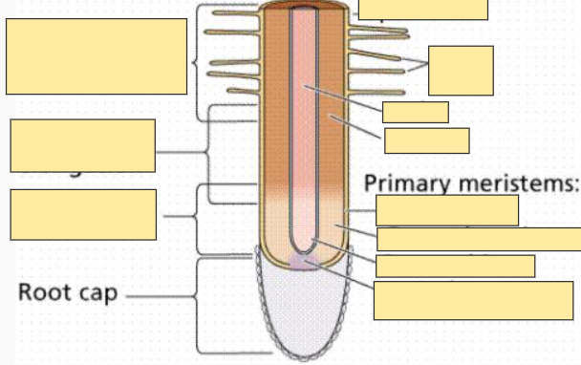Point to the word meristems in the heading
click(521, 182)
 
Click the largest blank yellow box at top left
click(96, 55)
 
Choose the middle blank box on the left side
click(82, 145)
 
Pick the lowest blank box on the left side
click(82, 214)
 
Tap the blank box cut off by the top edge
click(422, 9)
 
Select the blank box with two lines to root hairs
click(461, 69)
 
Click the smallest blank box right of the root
click(415, 112)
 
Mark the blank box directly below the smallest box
click(426, 140)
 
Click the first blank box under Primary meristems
click(446, 210)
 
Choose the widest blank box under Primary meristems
click(478, 239)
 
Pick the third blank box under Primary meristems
click(455, 266)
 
